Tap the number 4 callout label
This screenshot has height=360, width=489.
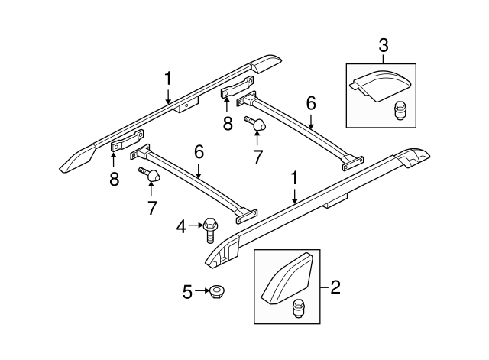tap(180, 225)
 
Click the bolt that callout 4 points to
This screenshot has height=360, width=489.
tap(211, 226)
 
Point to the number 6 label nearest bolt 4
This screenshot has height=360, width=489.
tap(199, 153)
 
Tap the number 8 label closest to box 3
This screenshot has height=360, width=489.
tap(227, 124)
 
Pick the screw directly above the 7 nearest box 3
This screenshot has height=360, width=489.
tap(255, 123)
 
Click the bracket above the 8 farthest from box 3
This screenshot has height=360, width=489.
tap(127, 142)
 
